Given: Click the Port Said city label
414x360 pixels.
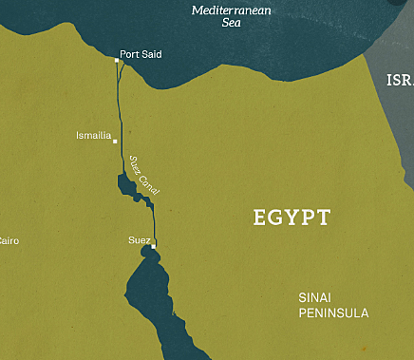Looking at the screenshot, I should (x=141, y=54).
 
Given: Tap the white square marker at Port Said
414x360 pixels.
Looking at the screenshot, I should (x=117, y=60).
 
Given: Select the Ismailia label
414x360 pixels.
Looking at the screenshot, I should (x=93, y=137).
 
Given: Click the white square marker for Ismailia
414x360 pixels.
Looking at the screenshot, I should (x=115, y=142).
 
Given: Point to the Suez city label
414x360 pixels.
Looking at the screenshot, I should (x=139, y=240).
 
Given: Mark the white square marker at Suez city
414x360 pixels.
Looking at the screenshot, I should (x=153, y=247).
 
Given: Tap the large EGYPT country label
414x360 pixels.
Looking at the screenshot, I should (x=292, y=217).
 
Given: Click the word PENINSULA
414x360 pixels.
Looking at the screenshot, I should (x=332, y=313).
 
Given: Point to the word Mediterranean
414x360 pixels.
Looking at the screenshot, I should (x=233, y=10).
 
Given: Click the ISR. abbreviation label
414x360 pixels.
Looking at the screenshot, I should (x=399, y=80).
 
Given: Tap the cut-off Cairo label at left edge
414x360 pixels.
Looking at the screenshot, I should (x=9, y=241).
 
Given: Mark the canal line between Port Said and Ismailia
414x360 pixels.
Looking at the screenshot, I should (x=119, y=100).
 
